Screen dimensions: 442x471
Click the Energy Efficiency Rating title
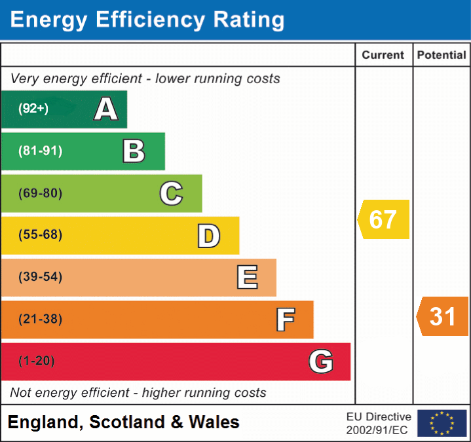pyautogui.click(x=147, y=20)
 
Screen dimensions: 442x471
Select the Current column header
pyautogui.click(x=383, y=56)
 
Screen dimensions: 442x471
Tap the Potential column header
pyautogui.click(x=442, y=56)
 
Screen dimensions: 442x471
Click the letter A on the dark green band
pyautogui.click(x=105, y=109)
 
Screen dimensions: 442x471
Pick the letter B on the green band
pyautogui.click(x=134, y=151)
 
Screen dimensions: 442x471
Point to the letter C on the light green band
pyautogui.click(x=171, y=193)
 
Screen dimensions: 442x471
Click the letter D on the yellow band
pyautogui.click(x=209, y=236)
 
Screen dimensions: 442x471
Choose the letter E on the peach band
pyautogui.click(x=247, y=278)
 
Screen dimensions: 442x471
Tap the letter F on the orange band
pyautogui.click(x=285, y=320)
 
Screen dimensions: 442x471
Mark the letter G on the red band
pyautogui.click(x=321, y=361)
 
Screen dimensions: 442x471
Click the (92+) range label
pyautogui.click(x=33, y=109)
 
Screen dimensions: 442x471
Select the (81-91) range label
pyautogui.click(x=40, y=151)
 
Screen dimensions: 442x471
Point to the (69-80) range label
pyautogui.click(x=40, y=193)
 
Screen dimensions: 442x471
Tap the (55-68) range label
pyautogui.click(x=40, y=235)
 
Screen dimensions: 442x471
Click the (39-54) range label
pyautogui.click(x=40, y=277)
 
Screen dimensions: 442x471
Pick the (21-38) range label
pyautogui.click(x=40, y=320)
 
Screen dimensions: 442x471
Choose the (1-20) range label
pyautogui.click(x=37, y=361)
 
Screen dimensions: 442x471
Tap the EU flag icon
pyautogui.click(x=442, y=423)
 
